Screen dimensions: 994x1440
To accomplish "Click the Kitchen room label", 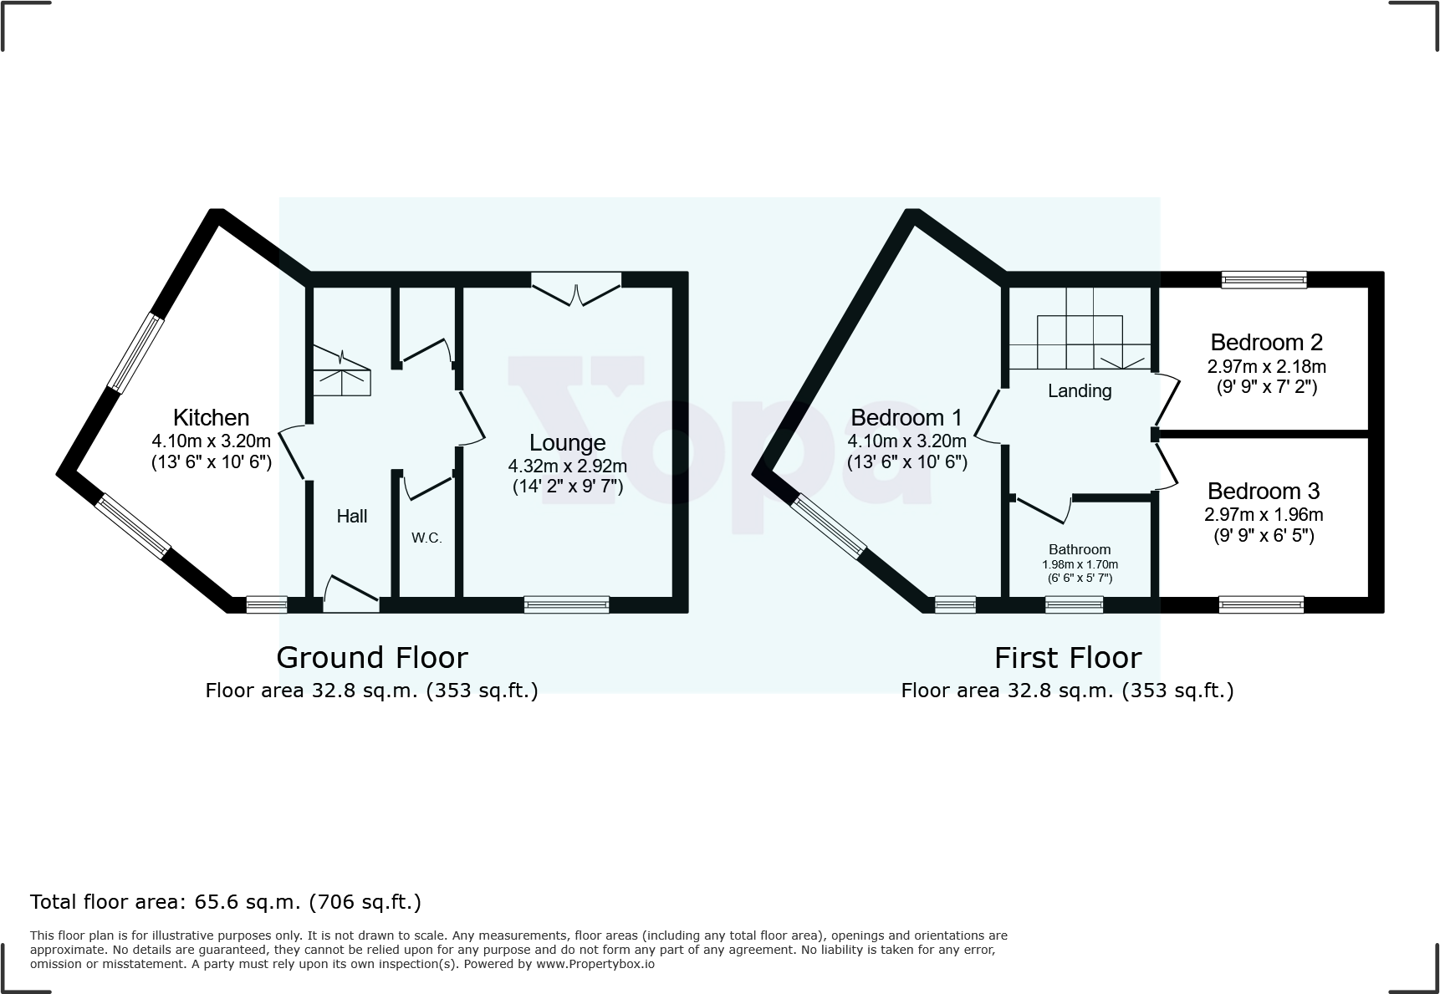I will [211, 417].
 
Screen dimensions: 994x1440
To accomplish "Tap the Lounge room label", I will [567, 443].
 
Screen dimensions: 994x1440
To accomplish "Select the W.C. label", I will [426, 538].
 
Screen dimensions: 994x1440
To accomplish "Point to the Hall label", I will [352, 516].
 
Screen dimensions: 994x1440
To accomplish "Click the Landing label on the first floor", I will [1080, 390].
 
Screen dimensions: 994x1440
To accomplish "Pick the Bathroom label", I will [1080, 549].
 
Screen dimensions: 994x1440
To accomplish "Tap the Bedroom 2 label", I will [1266, 342].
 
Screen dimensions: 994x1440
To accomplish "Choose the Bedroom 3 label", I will [1263, 491].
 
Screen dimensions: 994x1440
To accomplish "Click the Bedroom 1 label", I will [906, 417].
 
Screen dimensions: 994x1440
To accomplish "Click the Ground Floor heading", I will [371, 658].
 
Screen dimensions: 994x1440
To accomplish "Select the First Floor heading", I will [1067, 658].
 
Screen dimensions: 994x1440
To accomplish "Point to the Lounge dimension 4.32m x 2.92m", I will [567, 466].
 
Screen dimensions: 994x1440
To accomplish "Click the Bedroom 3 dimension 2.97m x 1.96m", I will [1264, 515].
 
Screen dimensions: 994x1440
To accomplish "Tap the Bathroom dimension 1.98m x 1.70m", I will [1080, 564].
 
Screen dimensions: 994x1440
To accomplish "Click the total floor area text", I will [226, 902].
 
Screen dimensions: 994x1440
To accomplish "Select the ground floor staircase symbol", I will [342, 371].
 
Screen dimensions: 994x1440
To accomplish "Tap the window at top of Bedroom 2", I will [1263, 280].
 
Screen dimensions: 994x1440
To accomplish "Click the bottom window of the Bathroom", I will [1074, 604].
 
